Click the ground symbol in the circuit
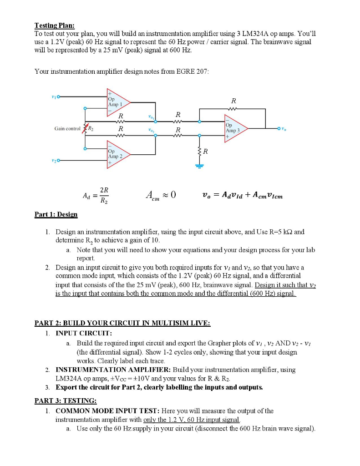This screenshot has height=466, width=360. coord(199,165)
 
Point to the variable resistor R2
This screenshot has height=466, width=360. coord(85,129)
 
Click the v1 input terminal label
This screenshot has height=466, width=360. coord(54,96)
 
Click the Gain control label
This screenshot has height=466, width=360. coord(66,129)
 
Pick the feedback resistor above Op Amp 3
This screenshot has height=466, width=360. coord(233,108)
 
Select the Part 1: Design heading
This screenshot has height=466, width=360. coord(56,214)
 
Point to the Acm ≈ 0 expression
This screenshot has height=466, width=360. coord(160,195)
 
